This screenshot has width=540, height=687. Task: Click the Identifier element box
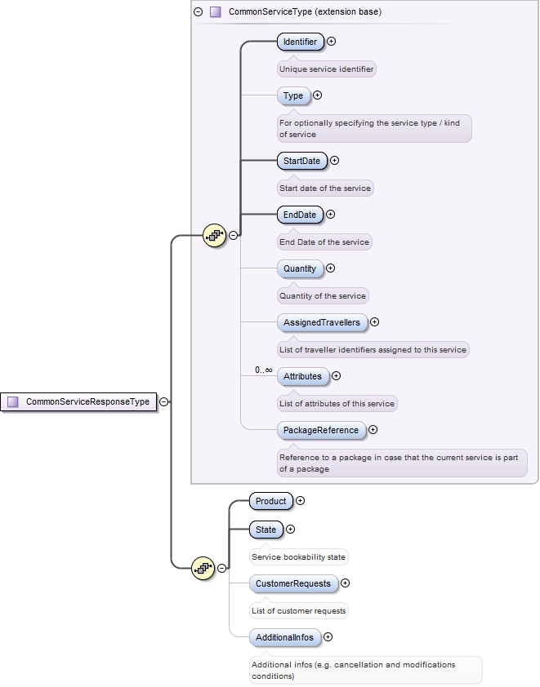coord(301,42)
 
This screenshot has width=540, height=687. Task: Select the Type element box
coord(293,95)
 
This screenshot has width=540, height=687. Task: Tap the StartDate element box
coord(301,161)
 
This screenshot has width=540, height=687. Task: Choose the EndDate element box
coord(300,215)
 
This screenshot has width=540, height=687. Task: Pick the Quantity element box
coord(300,268)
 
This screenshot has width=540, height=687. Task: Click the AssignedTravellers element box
coord(321,322)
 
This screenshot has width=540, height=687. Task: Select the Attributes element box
coord(302,376)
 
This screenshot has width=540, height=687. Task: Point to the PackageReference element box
coord(320,430)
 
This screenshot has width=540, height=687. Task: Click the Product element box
coord(271,501)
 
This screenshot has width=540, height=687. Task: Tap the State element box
coord(266,530)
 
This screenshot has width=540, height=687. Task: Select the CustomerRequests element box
coord(293,583)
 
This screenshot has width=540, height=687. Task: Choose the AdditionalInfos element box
coord(284,637)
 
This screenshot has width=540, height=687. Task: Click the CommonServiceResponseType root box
coord(79,401)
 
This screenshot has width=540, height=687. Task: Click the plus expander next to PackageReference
coord(373,430)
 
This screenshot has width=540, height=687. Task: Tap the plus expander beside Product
coord(300,501)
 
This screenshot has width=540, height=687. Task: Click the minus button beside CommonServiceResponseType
coord(164,401)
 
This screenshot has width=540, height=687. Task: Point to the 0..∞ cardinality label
coord(263,370)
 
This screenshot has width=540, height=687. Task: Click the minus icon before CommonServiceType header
coord(199,12)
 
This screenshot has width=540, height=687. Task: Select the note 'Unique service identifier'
coord(327,69)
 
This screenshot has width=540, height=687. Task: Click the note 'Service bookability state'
coord(299,557)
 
